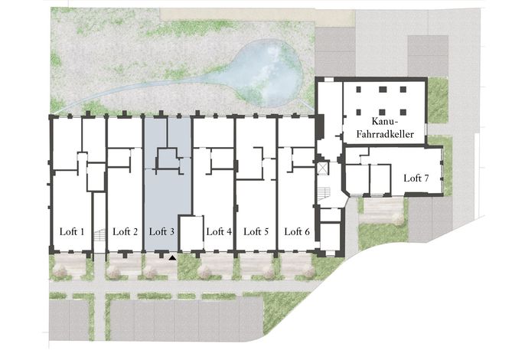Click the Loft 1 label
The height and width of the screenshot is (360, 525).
(x=72, y=231)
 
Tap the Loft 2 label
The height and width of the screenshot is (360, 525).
(x=126, y=231)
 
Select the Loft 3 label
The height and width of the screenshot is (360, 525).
(x=161, y=231)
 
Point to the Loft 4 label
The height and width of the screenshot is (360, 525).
(x=219, y=231)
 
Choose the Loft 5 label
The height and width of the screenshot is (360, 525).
(x=256, y=231)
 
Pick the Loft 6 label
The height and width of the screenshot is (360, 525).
(x=297, y=231)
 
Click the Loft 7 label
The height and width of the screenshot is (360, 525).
(x=416, y=178)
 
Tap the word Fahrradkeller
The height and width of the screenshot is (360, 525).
(x=385, y=134)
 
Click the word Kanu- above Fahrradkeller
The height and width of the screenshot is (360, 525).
(x=384, y=121)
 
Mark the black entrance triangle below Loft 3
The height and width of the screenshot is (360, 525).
(x=172, y=257)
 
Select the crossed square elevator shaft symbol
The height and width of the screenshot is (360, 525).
(x=323, y=169)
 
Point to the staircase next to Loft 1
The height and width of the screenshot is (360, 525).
(x=99, y=235)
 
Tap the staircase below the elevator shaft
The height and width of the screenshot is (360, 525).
(x=324, y=193)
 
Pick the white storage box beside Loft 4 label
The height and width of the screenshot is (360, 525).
(x=192, y=234)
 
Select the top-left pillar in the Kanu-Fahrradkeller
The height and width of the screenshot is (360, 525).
(x=359, y=90)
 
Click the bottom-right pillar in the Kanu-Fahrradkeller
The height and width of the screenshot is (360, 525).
(x=403, y=112)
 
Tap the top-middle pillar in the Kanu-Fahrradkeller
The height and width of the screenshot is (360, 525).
(x=383, y=90)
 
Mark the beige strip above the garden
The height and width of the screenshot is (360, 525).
(x=257, y=15)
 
